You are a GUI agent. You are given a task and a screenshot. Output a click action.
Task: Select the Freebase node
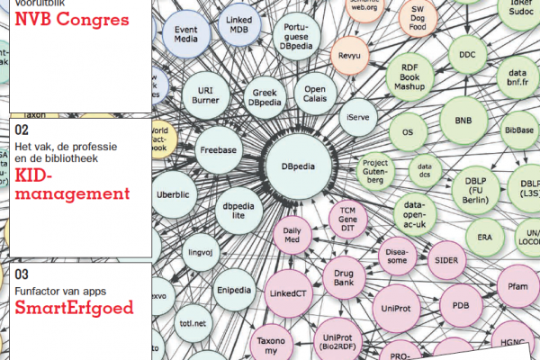[x=217, y=151]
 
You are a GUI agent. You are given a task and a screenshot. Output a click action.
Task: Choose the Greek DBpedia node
[x=262, y=95]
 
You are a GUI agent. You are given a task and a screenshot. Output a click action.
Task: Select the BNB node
[x=463, y=121]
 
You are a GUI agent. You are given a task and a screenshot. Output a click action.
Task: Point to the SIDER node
[x=446, y=260]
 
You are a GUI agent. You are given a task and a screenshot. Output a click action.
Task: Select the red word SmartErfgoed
[x=74, y=308]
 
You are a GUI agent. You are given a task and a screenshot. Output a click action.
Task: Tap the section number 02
[x=22, y=129]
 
